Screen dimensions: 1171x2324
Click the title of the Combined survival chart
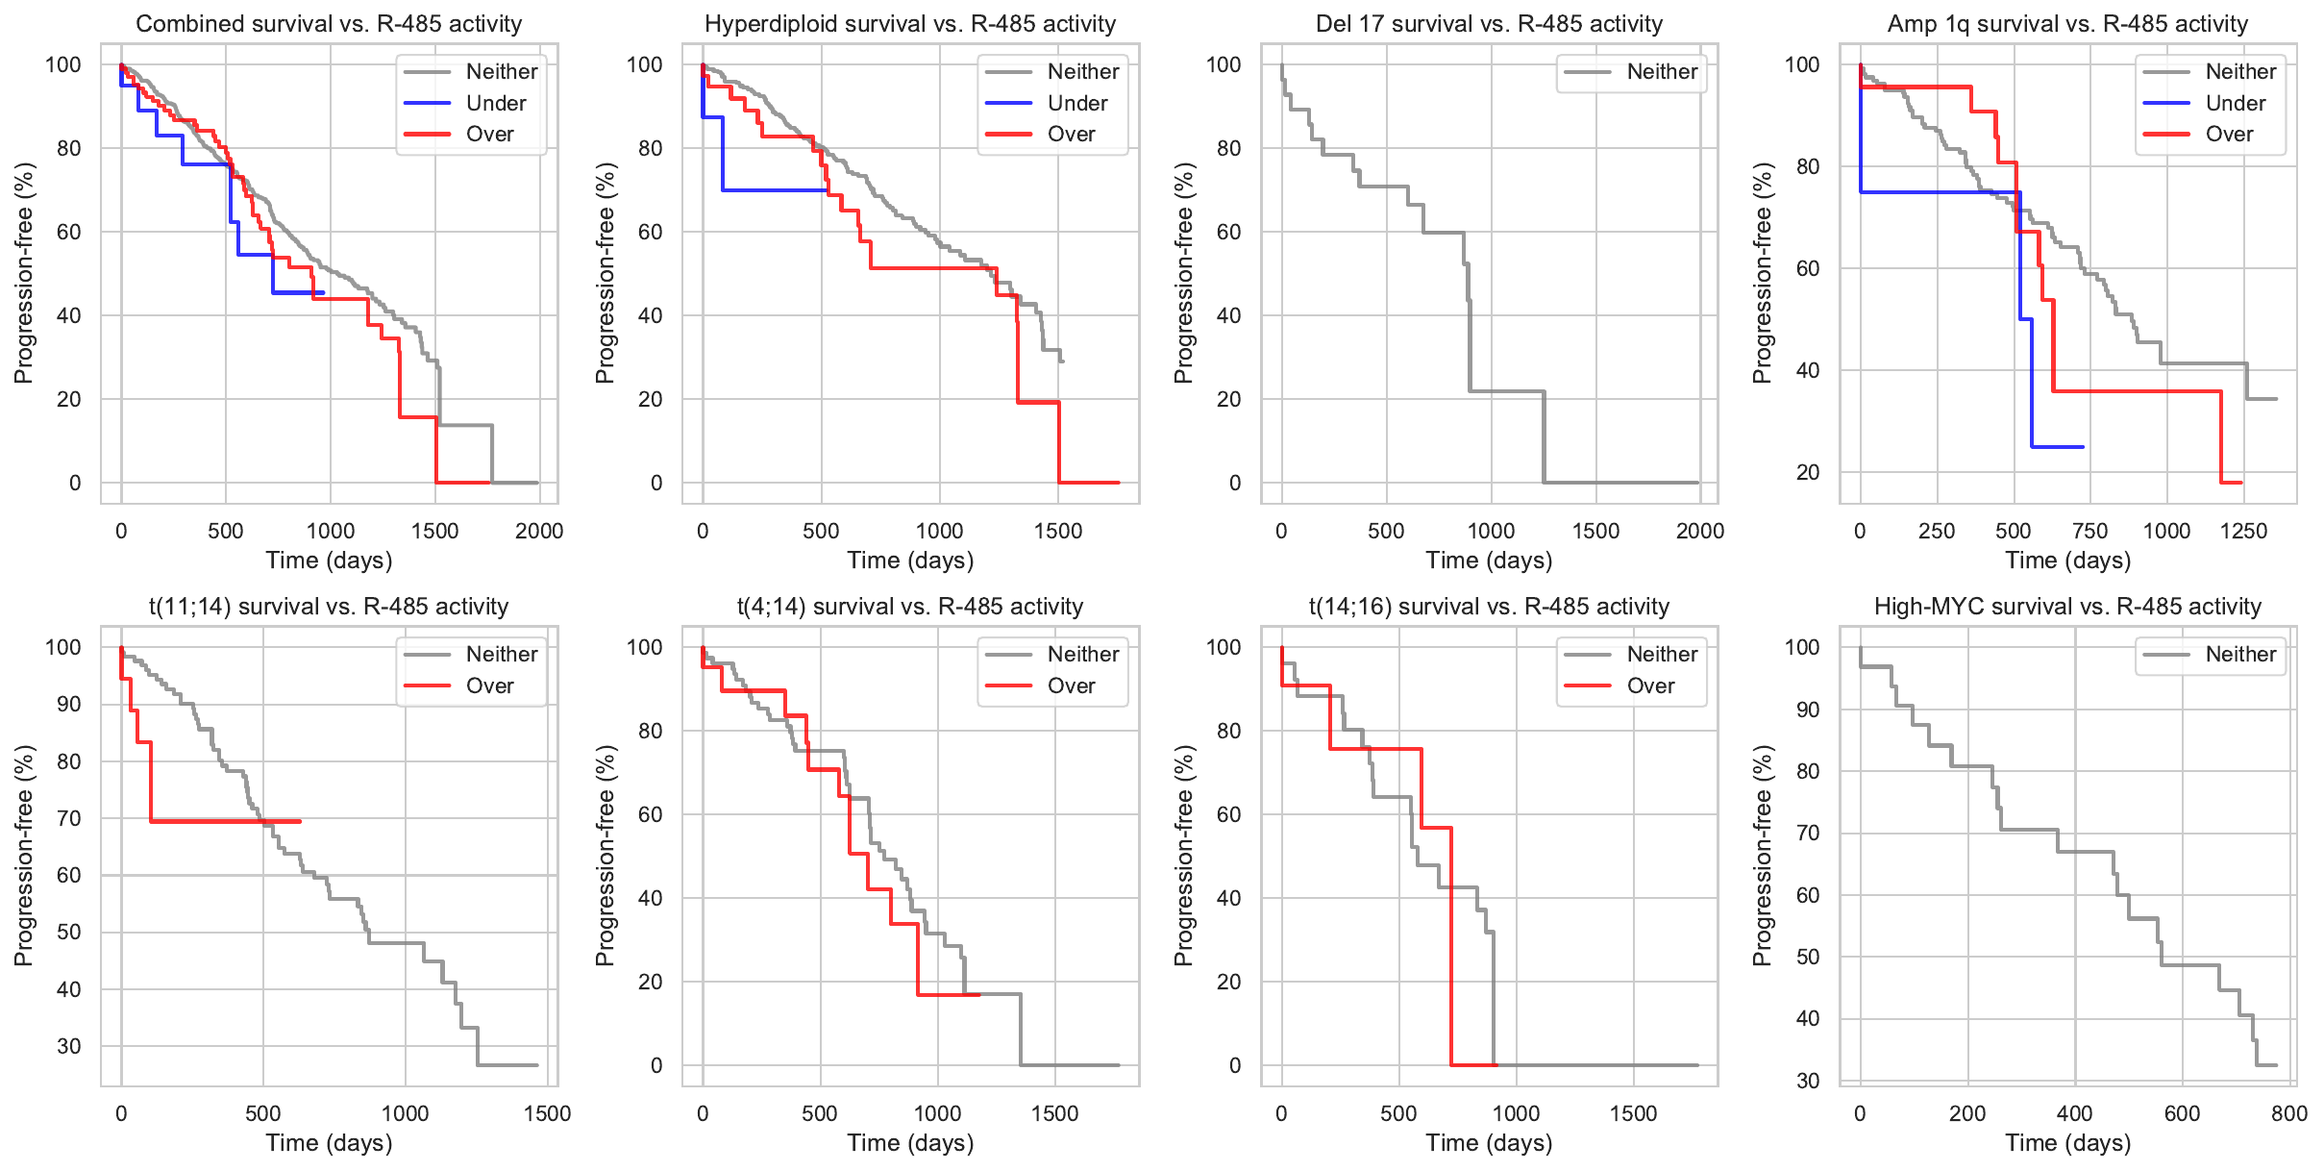pyautogui.click(x=329, y=24)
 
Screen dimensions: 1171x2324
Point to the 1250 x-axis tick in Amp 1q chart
pyautogui.click(x=2243, y=532)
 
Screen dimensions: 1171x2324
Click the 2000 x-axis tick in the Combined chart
pyautogui.click(x=539, y=532)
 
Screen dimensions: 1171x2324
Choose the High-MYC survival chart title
pyautogui.click(x=2067, y=607)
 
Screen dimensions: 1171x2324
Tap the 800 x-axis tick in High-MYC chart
pyautogui.click(x=2289, y=1114)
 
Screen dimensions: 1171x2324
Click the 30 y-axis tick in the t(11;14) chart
pyautogui.click(x=69, y=1046)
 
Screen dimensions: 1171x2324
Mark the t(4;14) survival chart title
pyautogui.click(x=910, y=607)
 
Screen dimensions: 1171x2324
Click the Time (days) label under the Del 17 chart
pyautogui.click(x=1489, y=561)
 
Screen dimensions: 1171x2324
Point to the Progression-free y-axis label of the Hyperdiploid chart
pyautogui.click(x=605, y=273)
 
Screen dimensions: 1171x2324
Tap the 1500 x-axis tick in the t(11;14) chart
pyautogui.click(x=547, y=1114)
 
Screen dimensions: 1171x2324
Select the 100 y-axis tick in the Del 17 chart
pyautogui.click(x=1224, y=65)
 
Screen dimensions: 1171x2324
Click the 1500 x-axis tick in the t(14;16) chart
pyautogui.click(x=1633, y=1114)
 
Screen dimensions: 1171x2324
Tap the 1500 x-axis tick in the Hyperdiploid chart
pyautogui.click(x=1058, y=532)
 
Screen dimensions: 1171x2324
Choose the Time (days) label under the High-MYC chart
pyautogui.click(x=2067, y=1143)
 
